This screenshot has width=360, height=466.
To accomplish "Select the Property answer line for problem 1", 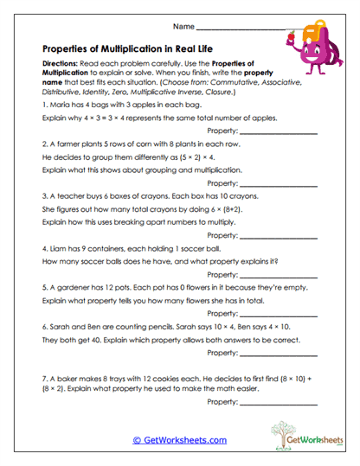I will click(x=279, y=131).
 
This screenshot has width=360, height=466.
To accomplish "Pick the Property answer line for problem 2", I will click(x=279, y=184).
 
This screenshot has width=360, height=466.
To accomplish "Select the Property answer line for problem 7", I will click(x=279, y=402).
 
